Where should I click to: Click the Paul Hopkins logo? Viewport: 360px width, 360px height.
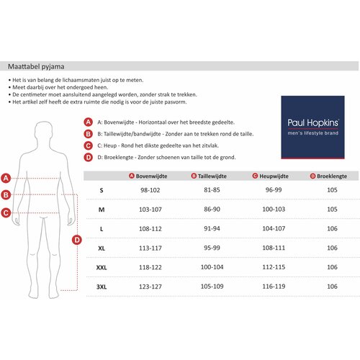tap(312, 127)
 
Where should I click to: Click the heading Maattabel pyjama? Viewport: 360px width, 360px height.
tap(36, 66)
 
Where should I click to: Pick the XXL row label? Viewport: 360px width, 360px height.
tap(102, 267)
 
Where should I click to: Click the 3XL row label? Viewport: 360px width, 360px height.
tap(102, 287)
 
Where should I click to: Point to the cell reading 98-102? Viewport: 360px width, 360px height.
tap(150, 190)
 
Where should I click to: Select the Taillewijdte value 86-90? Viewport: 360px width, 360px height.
tap(212, 210)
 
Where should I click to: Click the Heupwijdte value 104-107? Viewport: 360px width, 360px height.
tap(274, 228)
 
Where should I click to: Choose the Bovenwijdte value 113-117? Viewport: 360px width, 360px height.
tap(150, 248)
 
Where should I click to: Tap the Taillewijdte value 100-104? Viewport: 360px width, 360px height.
tap(212, 267)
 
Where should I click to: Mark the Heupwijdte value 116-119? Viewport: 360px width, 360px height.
tap(274, 287)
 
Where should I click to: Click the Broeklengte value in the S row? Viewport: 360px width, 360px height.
tap(332, 190)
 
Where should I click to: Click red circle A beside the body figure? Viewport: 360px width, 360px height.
tap(6, 179)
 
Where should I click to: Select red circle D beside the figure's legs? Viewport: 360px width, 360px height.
tap(77, 240)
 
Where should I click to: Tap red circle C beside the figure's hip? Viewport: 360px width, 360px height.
tap(6, 213)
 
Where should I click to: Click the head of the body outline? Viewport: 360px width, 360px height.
tap(43, 131)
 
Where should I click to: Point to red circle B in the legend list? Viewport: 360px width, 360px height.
tap(89, 134)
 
